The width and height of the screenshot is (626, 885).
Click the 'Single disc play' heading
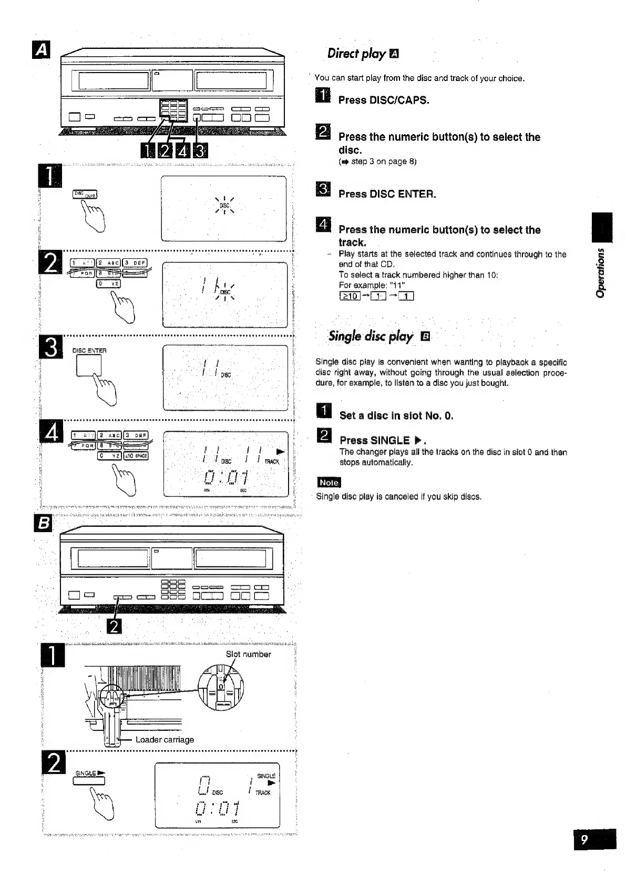[x=371, y=336]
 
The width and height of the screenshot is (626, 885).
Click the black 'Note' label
[x=329, y=483]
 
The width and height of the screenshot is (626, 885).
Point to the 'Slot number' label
[x=248, y=654]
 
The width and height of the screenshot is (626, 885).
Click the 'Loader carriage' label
[x=165, y=739]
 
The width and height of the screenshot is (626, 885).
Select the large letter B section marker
[x=43, y=524]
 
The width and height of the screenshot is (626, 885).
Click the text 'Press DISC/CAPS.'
[x=384, y=100]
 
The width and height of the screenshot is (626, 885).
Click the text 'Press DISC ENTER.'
[x=387, y=194]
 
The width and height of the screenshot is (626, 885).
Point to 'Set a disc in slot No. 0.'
[x=396, y=415]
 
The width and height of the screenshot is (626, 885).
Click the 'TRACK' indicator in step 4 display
[x=272, y=462]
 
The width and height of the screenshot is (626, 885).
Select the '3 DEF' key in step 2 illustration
[x=136, y=263]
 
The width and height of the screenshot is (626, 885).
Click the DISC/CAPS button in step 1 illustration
[x=84, y=195]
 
